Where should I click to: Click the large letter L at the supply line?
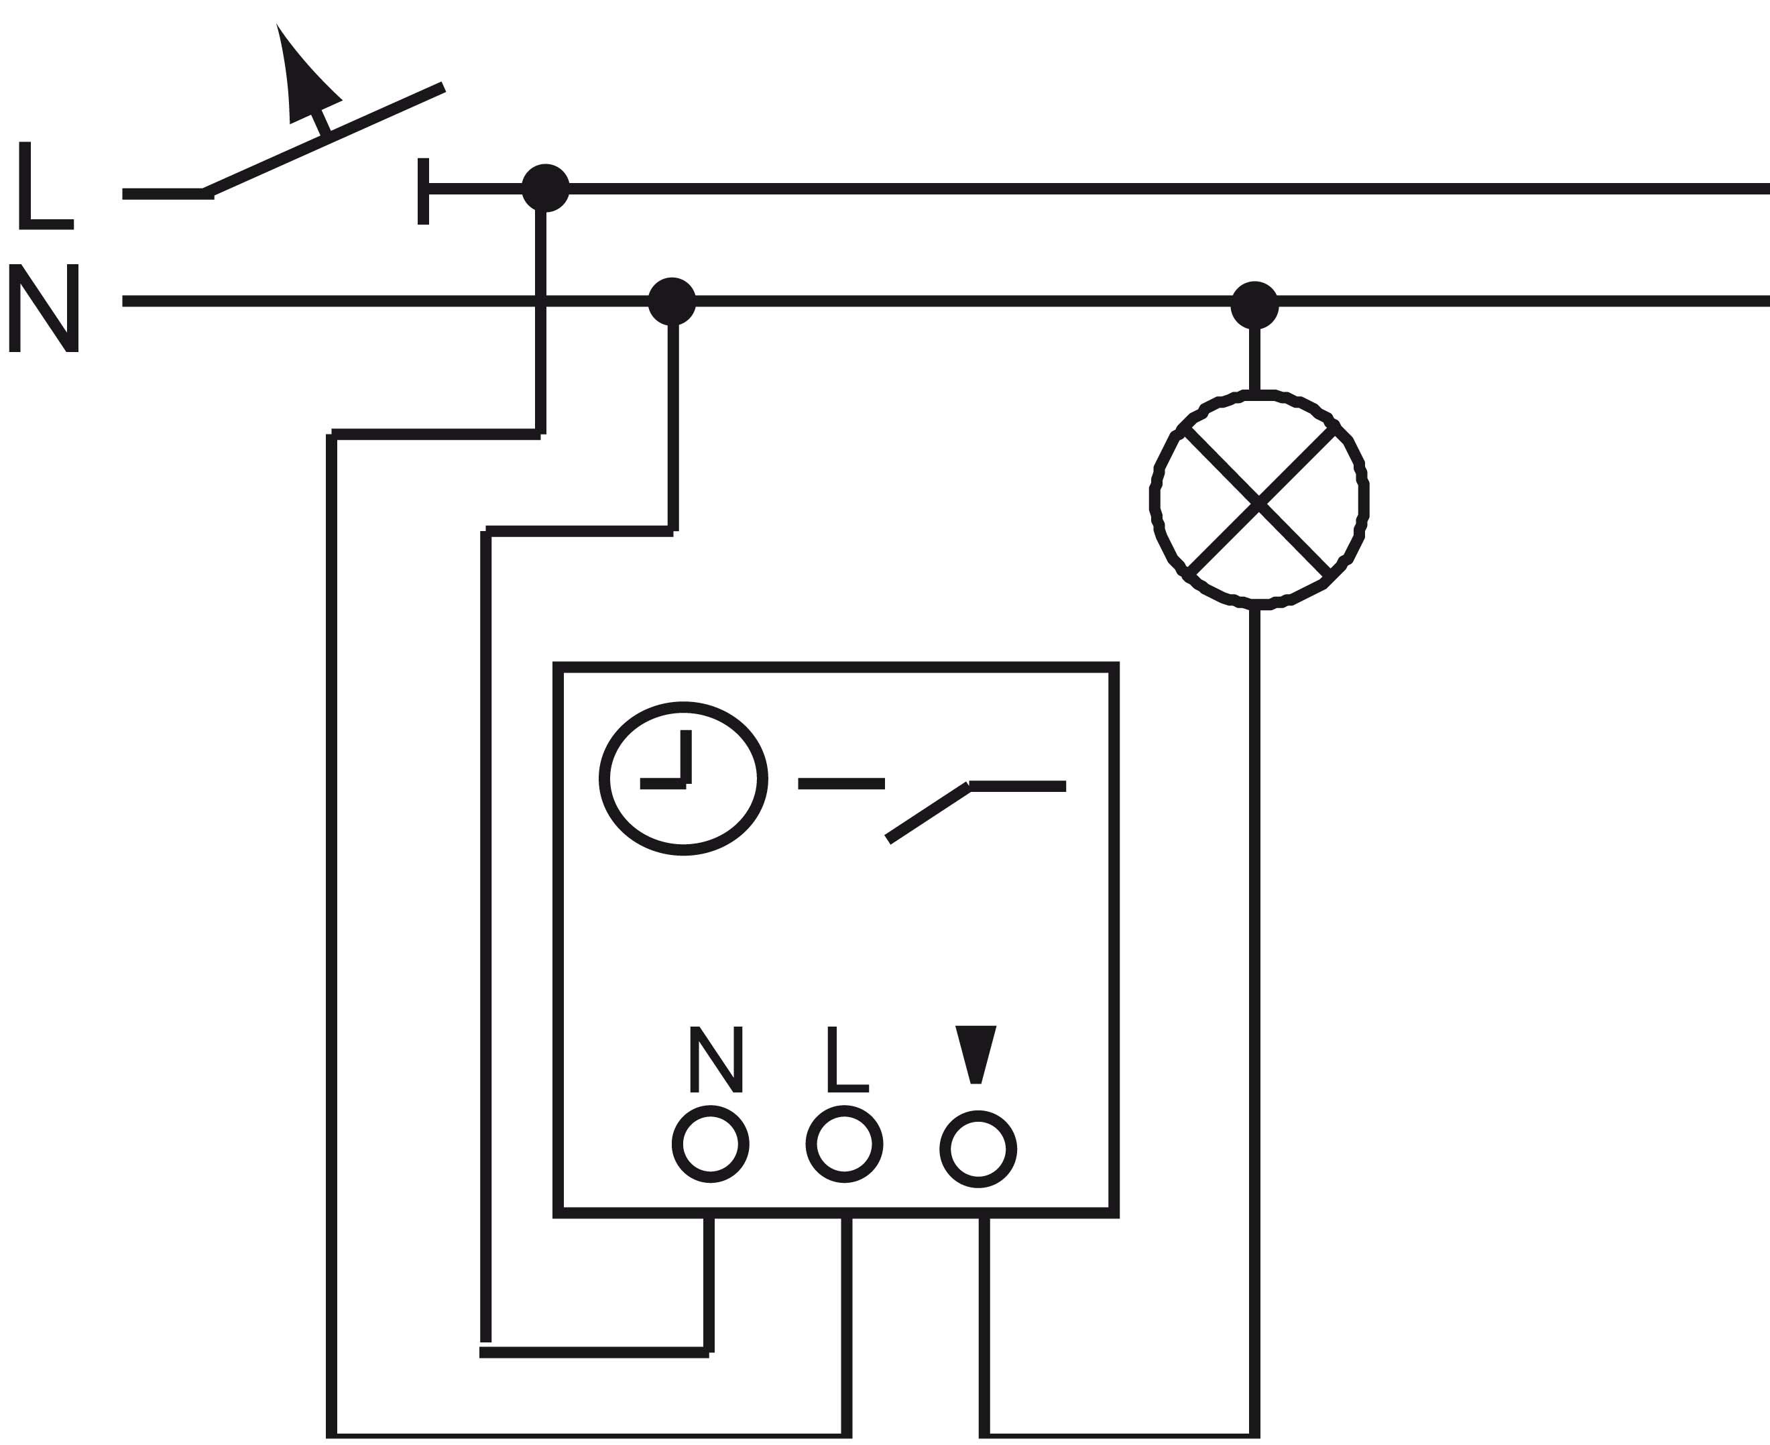click(x=44, y=185)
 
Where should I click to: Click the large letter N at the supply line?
click(x=44, y=308)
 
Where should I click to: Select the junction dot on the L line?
click(x=545, y=188)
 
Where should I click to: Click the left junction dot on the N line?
click(x=672, y=300)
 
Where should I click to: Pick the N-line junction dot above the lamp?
click(x=1254, y=304)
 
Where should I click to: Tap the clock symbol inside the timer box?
click(x=683, y=778)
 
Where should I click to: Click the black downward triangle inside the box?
click(x=976, y=1051)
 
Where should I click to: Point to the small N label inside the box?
click(x=715, y=1059)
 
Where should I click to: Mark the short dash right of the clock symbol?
click(x=841, y=783)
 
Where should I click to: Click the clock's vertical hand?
click(x=687, y=756)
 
